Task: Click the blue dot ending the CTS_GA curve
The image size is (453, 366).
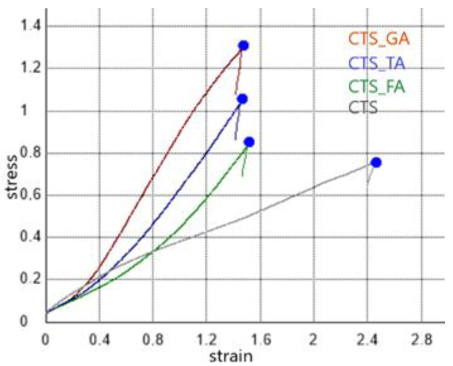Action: [x=243, y=45]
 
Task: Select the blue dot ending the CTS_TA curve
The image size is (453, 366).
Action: [x=242, y=99]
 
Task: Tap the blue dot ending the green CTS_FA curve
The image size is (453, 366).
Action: [x=249, y=142]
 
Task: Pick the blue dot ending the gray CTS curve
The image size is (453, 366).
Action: [x=376, y=162]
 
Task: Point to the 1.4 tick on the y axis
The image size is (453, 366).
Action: [x=27, y=25]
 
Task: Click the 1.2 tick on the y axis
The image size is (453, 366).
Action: [x=27, y=68]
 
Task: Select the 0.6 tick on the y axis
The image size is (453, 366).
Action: [x=27, y=195]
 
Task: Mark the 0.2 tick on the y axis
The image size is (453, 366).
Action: [x=27, y=279]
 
